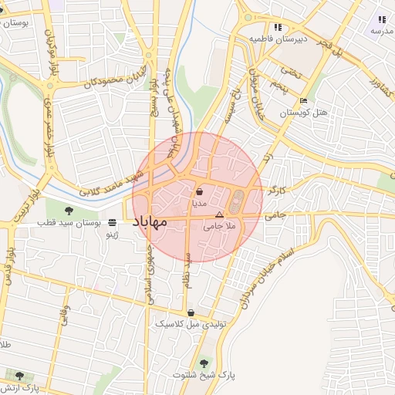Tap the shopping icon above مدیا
tap(200, 191)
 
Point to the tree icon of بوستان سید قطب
tap(69, 209)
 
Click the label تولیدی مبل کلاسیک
tap(191, 325)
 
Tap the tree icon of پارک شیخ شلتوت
tap(204, 363)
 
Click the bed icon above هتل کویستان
tap(303, 100)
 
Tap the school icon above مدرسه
tap(381, 19)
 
